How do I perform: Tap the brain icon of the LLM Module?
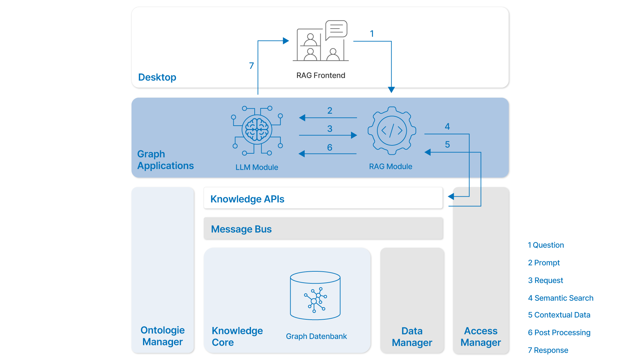pos(257,130)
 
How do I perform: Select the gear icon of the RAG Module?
pos(392,130)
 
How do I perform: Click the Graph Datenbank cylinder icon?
pos(315,295)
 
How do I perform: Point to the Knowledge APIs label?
pos(247,199)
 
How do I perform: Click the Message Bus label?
pos(241,229)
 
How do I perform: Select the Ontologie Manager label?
pos(162,336)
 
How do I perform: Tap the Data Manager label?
pos(412,337)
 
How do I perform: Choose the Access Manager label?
pos(480,337)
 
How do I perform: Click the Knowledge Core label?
pos(237,336)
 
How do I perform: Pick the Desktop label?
pos(157,77)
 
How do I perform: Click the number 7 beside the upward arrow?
pos(251,66)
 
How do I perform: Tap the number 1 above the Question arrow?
pos(372,34)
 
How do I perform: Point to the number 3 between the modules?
pos(329,129)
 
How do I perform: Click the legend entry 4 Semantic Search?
pos(560,298)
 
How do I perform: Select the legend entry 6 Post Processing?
pos(559,333)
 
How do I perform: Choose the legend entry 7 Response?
pos(548,350)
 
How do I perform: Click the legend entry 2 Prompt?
pos(544,263)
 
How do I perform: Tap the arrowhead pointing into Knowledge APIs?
pos(451,197)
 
